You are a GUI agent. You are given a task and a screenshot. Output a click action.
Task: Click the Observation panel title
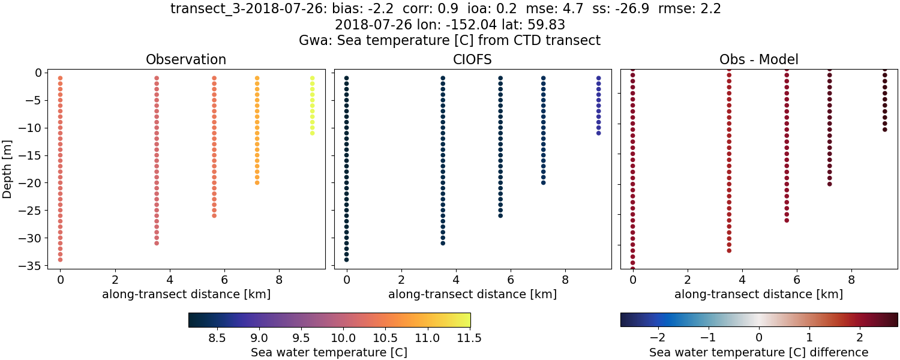click(186, 59)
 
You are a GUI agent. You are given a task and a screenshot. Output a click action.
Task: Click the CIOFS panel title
click(472, 59)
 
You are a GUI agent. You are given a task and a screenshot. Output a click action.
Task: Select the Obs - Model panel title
click(758, 59)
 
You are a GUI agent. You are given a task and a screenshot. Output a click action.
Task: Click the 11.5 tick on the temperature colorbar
click(469, 338)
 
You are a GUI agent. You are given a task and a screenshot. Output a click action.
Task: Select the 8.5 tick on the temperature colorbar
click(216, 338)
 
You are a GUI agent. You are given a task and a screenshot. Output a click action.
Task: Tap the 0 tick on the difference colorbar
click(759, 338)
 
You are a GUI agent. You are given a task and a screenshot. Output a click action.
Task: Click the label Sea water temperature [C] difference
click(758, 352)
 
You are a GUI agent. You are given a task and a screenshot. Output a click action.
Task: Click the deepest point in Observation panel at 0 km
click(60, 260)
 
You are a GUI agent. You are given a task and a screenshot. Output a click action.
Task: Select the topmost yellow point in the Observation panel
click(312, 78)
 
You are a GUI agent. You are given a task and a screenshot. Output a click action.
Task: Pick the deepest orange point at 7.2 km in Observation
click(257, 182)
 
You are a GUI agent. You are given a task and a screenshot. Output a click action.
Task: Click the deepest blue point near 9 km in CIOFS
click(598, 133)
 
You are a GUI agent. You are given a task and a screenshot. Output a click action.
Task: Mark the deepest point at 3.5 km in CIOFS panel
click(443, 243)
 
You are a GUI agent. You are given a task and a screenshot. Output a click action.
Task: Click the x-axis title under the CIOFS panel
click(472, 295)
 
